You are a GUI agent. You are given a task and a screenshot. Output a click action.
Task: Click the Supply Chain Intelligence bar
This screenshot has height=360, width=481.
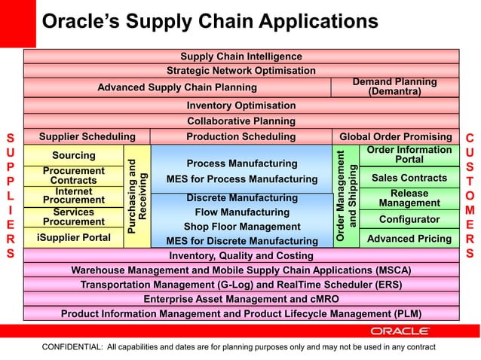click(241, 56)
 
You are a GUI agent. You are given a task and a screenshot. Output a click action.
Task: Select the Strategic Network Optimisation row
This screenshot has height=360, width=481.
click(241, 71)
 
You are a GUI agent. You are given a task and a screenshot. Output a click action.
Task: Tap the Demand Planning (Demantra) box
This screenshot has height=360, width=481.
click(394, 87)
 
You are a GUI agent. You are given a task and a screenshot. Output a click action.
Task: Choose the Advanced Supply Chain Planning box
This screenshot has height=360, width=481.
click(177, 87)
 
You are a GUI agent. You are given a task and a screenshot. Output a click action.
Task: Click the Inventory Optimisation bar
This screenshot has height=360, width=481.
click(241, 105)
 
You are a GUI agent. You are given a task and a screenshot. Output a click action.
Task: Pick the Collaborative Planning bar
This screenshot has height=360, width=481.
click(241, 121)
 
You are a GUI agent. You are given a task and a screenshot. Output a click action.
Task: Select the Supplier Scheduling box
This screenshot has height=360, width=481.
click(87, 137)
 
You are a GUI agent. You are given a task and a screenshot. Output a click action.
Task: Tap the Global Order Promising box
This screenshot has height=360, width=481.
click(395, 137)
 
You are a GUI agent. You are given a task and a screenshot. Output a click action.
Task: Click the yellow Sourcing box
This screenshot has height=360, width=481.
click(73, 156)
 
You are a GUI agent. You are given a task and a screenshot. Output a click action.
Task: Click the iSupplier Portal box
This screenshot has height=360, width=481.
click(73, 238)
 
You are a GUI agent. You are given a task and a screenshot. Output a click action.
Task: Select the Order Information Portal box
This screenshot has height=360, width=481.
click(409, 155)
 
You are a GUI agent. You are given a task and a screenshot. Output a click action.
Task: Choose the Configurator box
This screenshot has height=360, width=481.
click(409, 219)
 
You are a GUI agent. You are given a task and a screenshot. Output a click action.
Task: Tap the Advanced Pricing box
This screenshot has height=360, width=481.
click(409, 239)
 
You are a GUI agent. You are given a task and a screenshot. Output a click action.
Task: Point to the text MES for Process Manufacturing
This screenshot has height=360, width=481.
click(241, 179)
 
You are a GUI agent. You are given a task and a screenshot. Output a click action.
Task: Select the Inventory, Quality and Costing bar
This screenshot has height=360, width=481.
click(241, 255)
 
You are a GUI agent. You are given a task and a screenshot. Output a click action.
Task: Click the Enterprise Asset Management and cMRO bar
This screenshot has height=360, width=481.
click(241, 299)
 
